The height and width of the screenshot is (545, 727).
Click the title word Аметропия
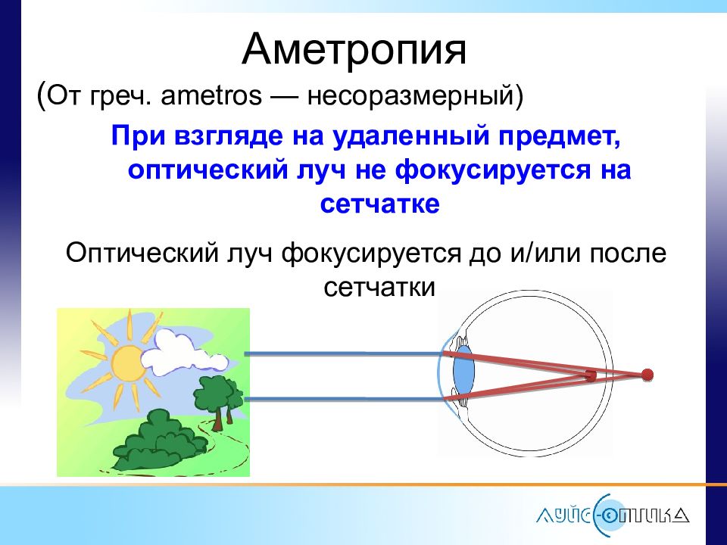(x=354, y=50)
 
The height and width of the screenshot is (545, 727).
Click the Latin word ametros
(x=211, y=96)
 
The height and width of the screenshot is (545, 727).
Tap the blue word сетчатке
(x=379, y=203)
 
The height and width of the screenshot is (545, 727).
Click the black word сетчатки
(x=379, y=288)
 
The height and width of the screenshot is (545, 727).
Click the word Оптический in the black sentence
(x=142, y=254)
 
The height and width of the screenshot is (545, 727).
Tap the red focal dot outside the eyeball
(x=647, y=375)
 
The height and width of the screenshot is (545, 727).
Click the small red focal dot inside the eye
(x=590, y=376)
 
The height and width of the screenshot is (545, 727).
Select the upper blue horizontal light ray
(x=344, y=354)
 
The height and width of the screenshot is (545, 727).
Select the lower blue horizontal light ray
(x=344, y=399)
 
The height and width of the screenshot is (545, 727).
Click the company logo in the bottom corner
(x=613, y=515)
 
